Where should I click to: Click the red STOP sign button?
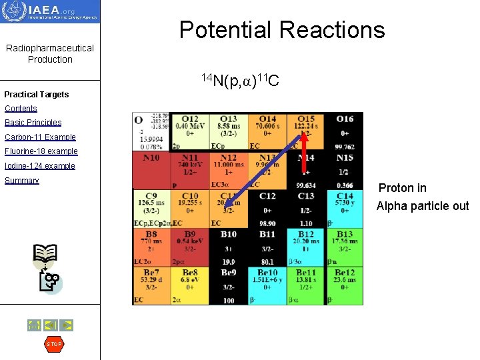53,344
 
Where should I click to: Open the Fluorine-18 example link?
41,151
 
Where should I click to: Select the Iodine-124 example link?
40,166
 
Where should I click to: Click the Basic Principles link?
33,123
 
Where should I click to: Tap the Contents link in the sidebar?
21,109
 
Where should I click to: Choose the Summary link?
22,181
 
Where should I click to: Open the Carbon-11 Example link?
40,137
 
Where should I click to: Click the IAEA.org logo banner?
50,11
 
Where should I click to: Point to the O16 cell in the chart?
345,131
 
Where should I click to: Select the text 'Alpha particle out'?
423,206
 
